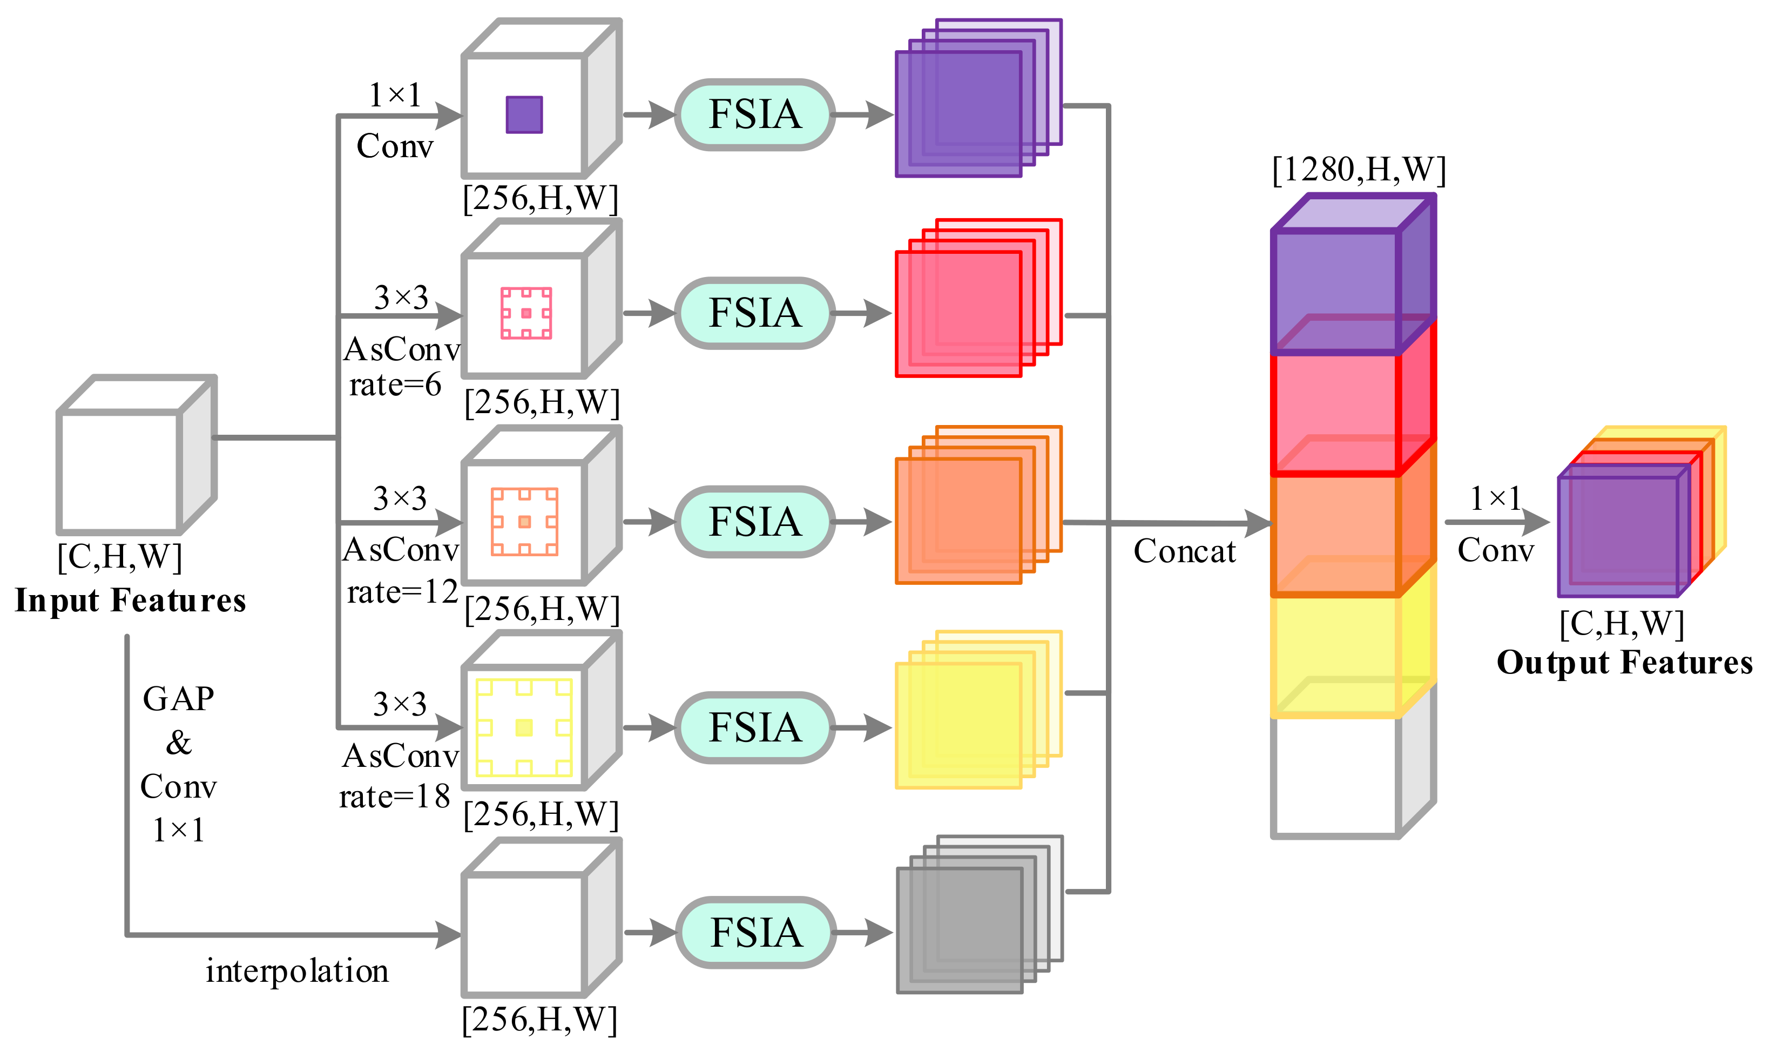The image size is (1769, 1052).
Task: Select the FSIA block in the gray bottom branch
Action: click(755, 932)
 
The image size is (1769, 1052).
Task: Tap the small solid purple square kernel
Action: click(524, 115)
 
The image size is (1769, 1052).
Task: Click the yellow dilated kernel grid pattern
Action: click(524, 727)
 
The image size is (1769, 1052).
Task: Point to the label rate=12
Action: click(402, 592)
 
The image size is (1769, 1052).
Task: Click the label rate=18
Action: click(394, 797)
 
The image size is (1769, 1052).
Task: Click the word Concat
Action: click(1184, 551)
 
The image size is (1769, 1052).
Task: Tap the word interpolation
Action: click(297, 970)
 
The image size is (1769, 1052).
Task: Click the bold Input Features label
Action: click(131, 601)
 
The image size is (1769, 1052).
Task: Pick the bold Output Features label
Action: click(1624, 662)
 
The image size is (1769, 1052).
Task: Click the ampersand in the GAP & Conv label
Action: click(179, 743)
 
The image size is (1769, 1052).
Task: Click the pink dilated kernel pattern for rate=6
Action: click(526, 313)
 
